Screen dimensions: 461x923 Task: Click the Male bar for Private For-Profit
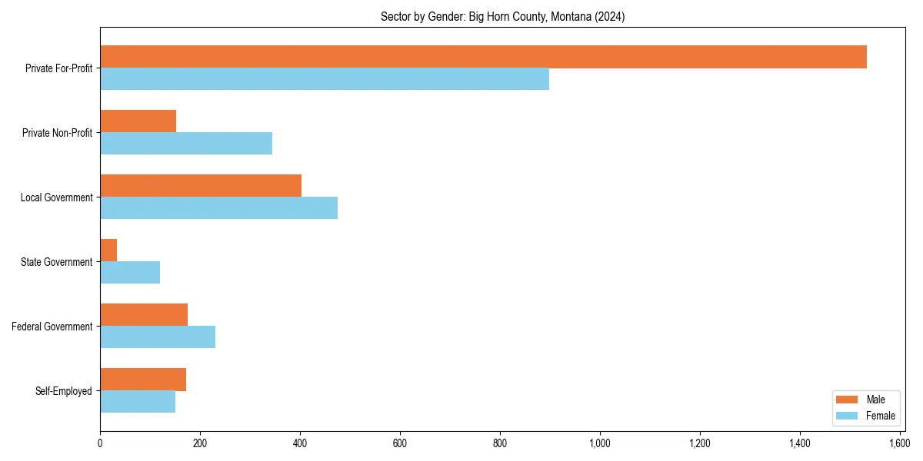(x=483, y=57)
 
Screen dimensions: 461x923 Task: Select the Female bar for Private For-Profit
(x=325, y=79)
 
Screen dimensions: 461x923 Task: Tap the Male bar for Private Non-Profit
(x=138, y=121)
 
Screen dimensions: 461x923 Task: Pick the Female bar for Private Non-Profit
(x=186, y=144)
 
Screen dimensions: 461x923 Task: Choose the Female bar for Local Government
(x=218, y=208)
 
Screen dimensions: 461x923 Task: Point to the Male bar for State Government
(x=108, y=250)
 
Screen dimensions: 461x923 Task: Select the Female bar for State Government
(x=130, y=273)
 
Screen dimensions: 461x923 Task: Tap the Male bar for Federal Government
(x=144, y=315)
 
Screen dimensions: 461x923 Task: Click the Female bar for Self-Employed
(x=138, y=402)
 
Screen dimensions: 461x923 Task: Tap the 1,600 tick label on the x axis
(x=899, y=443)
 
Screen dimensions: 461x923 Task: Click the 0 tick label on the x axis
(x=100, y=443)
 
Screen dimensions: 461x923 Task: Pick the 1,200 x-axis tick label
(x=699, y=443)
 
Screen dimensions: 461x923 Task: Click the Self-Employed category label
(x=64, y=391)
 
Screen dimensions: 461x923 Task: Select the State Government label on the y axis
(x=57, y=262)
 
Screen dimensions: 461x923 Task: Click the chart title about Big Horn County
(x=502, y=17)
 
